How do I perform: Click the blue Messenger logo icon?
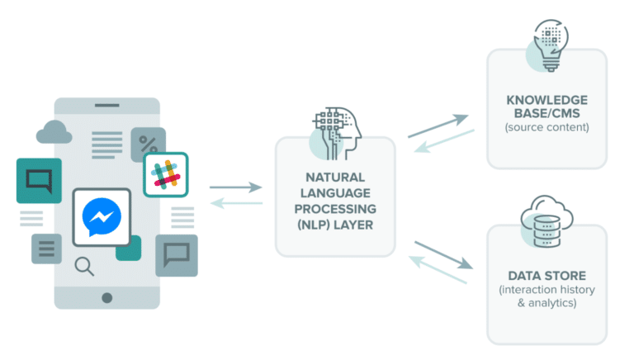(x=102, y=217)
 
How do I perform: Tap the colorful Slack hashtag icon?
(x=166, y=175)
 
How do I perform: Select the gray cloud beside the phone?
(x=54, y=132)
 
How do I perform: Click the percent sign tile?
(x=148, y=144)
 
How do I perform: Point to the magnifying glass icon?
(x=84, y=267)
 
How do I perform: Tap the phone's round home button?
(x=107, y=298)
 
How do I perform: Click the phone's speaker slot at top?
(x=107, y=105)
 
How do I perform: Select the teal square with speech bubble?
(x=39, y=181)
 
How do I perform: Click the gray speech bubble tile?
(x=177, y=255)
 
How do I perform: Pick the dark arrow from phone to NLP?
(x=236, y=187)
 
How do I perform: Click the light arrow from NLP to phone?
(x=237, y=203)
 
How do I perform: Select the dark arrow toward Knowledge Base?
(x=438, y=126)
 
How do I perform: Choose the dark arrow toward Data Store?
(x=444, y=255)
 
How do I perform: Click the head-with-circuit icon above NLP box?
(x=337, y=134)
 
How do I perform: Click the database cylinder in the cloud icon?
(x=546, y=231)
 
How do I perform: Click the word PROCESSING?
(x=335, y=209)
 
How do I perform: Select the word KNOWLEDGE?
(x=547, y=100)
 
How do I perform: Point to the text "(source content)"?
(x=547, y=127)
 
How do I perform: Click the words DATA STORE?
(x=547, y=276)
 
